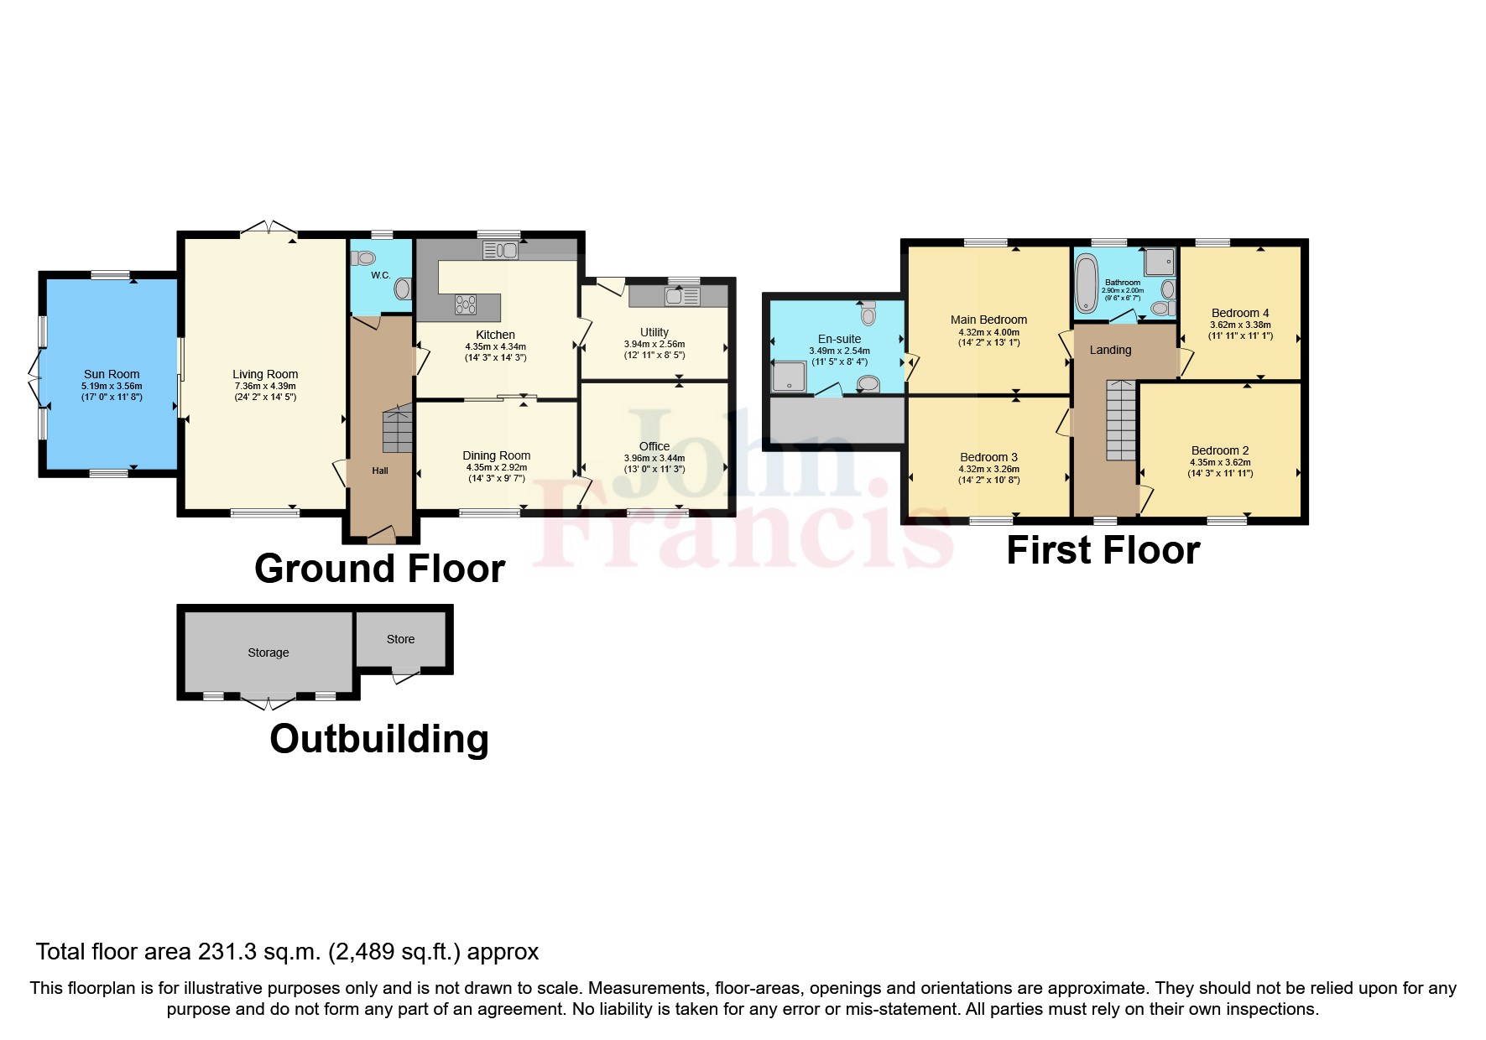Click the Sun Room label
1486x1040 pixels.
(112, 374)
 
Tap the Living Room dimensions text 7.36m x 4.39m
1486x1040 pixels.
(265, 386)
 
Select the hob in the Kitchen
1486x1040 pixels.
(466, 304)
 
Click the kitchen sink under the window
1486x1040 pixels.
(500, 249)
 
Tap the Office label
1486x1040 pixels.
(654, 446)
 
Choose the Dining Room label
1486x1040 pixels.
(497, 455)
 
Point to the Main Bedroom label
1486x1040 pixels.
(988, 320)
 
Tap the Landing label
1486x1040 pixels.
(1110, 350)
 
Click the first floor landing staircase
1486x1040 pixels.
(1120, 419)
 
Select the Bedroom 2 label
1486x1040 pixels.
(1220, 450)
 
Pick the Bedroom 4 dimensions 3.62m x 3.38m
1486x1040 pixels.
(1240, 325)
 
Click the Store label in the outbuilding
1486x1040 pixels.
(400, 639)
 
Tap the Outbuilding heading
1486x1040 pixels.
(379, 739)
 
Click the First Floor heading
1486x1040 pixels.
(1103, 550)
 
